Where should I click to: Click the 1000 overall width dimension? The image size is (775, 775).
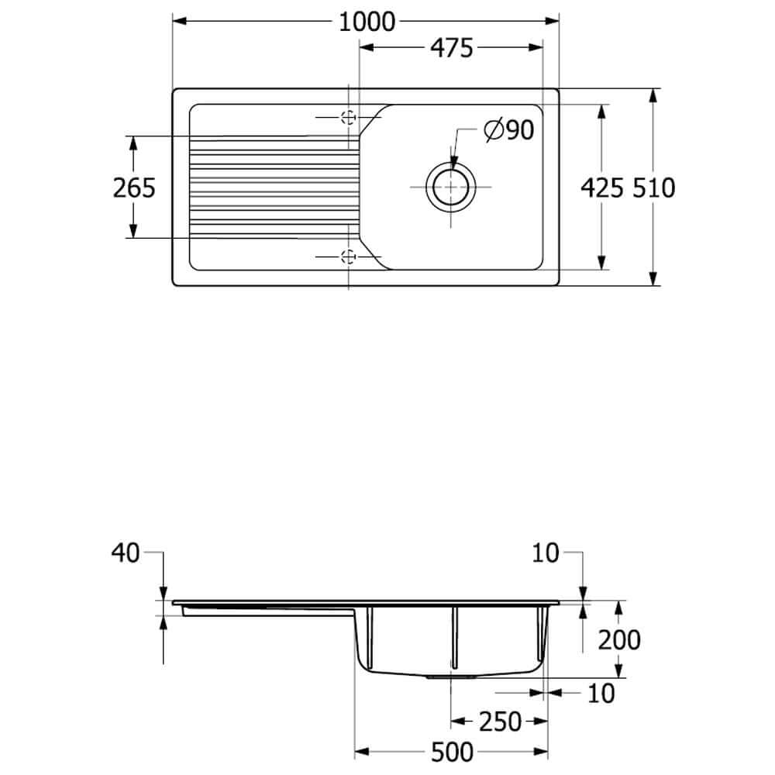[x=367, y=22]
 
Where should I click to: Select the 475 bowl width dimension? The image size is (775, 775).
[x=452, y=48]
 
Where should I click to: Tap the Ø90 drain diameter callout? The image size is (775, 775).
[x=509, y=130]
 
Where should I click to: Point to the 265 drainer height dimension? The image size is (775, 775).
[x=134, y=188]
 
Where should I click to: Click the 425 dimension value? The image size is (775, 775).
[x=601, y=188]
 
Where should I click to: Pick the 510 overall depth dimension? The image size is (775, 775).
[x=653, y=188]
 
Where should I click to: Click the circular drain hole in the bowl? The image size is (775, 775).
[x=450, y=188]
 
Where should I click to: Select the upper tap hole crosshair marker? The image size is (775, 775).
[x=349, y=118]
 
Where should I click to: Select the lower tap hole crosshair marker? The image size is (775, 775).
[x=349, y=257]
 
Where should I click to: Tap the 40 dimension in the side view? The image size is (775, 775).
[x=126, y=553]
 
